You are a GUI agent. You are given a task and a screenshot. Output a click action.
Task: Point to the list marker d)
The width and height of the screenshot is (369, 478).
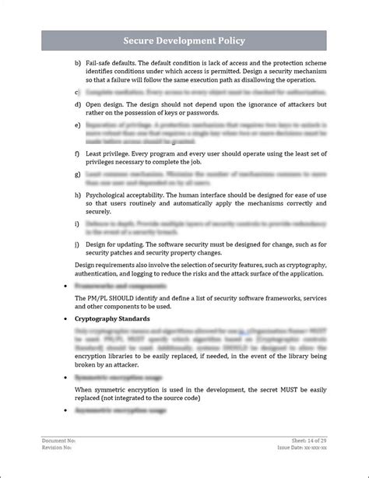pyautogui.click(x=77, y=104)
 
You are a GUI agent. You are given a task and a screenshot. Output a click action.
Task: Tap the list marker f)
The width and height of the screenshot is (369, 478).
pyautogui.click(x=77, y=153)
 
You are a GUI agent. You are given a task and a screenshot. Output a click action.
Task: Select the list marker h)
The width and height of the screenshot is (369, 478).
pyautogui.click(x=77, y=195)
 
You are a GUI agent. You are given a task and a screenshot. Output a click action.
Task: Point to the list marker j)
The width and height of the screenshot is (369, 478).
pyautogui.click(x=77, y=244)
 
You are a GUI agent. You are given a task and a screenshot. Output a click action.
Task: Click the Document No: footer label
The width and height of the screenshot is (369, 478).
pyautogui.click(x=59, y=441)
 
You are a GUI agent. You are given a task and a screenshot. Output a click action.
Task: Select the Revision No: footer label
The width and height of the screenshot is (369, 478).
pyautogui.click(x=58, y=448)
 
